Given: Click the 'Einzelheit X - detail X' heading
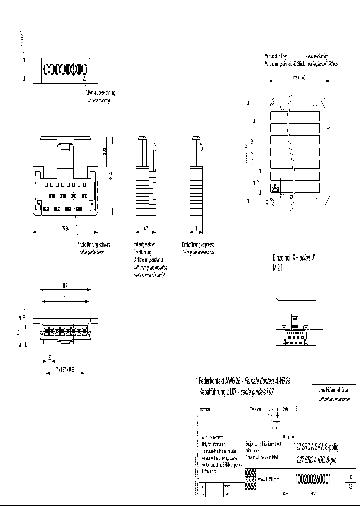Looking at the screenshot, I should tap(294, 258).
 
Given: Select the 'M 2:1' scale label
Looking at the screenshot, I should tap(277, 268).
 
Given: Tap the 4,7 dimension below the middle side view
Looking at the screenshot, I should tap(146, 229).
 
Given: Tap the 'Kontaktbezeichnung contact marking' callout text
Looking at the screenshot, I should tap(102, 97).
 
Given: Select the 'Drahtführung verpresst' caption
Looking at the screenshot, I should tap(198, 245).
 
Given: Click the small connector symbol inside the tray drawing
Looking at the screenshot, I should tap(275, 189).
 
